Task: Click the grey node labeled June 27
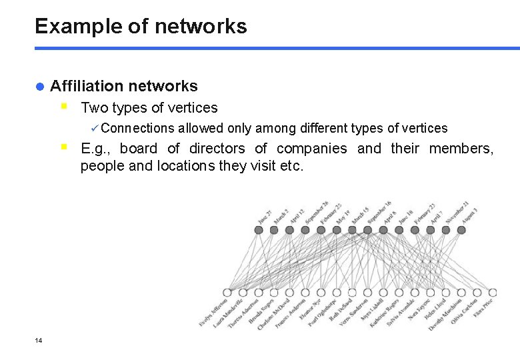coord(259,230)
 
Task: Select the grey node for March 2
coord(274,230)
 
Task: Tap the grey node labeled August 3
coord(461,230)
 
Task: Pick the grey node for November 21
coord(446,230)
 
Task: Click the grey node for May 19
coord(337,230)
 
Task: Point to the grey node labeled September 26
coord(305,230)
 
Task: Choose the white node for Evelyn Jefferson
coord(227,293)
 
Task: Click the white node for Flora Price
coord(493,293)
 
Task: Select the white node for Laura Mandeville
coord(243,293)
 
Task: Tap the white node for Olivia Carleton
coord(477,293)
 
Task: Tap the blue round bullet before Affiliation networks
coord(39,86)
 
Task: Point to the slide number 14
coord(38,341)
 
